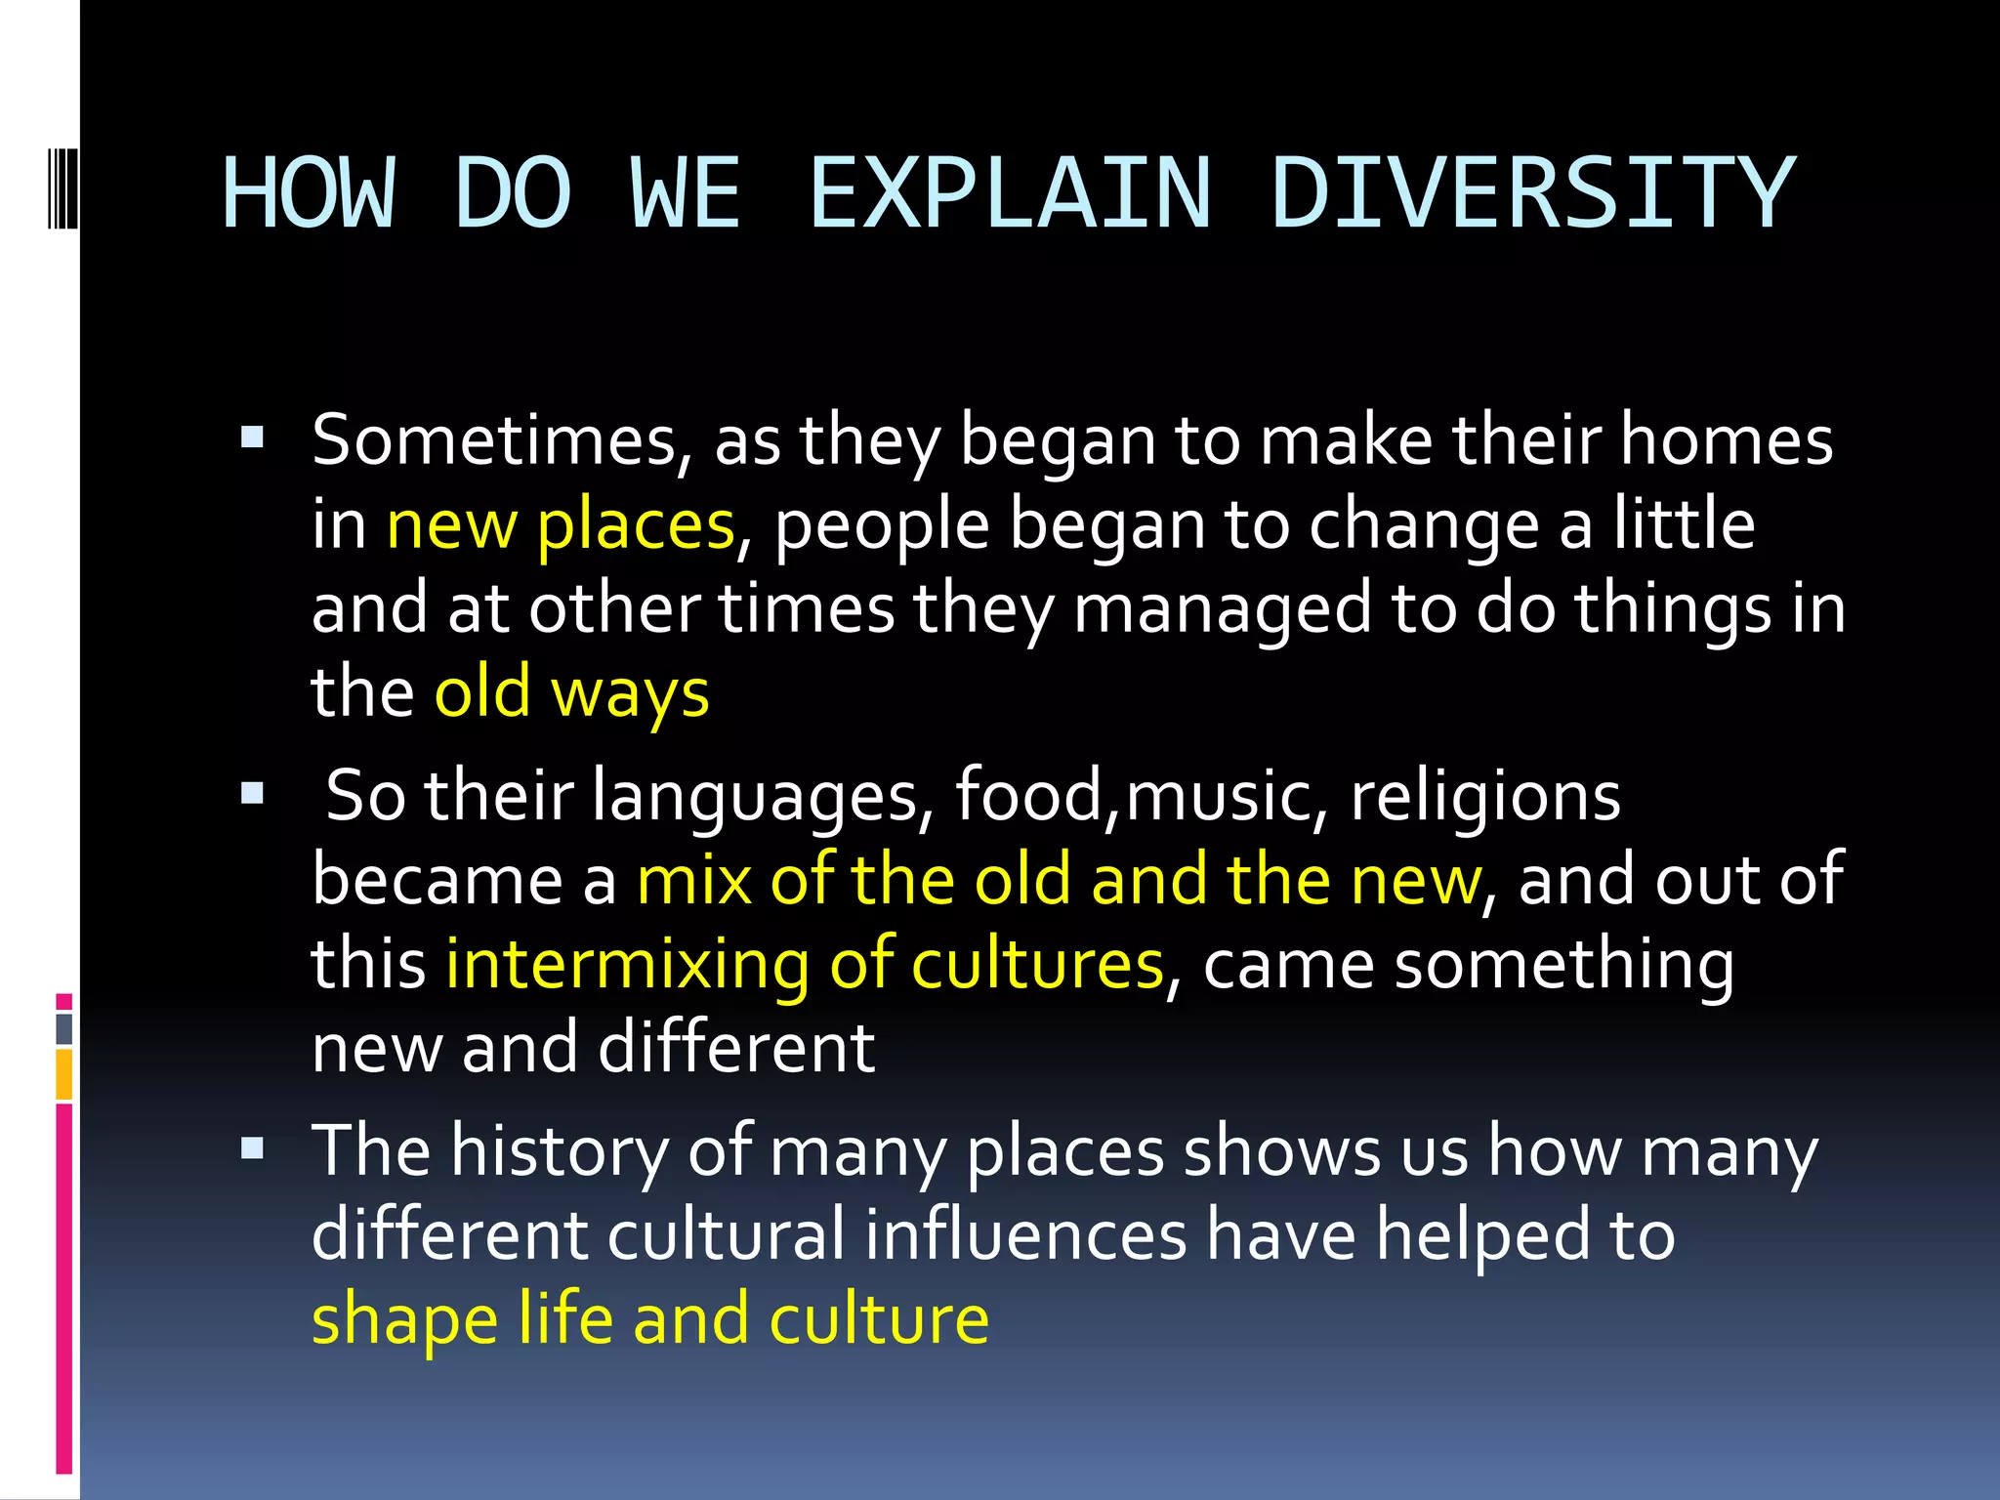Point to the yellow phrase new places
[x=561, y=525]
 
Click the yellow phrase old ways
[x=571, y=692]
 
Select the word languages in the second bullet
[x=756, y=796]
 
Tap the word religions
[x=1484, y=796]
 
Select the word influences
[x=1025, y=1234]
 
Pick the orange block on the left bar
[x=64, y=1073]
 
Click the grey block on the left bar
[x=64, y=1028]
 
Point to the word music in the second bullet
[x=1215, y=796]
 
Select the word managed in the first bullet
[x=1222, y=610]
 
